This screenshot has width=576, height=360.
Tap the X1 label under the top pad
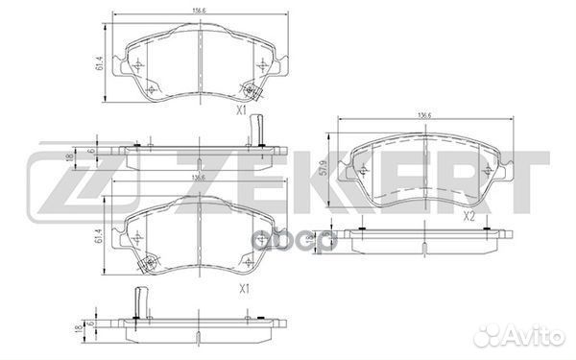[x=243, y=111]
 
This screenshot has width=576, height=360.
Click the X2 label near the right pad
[x=469, y=217]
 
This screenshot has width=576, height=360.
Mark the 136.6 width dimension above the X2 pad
[x=421, y=118]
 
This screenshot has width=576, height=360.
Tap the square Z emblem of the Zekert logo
[x=55, y=182]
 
